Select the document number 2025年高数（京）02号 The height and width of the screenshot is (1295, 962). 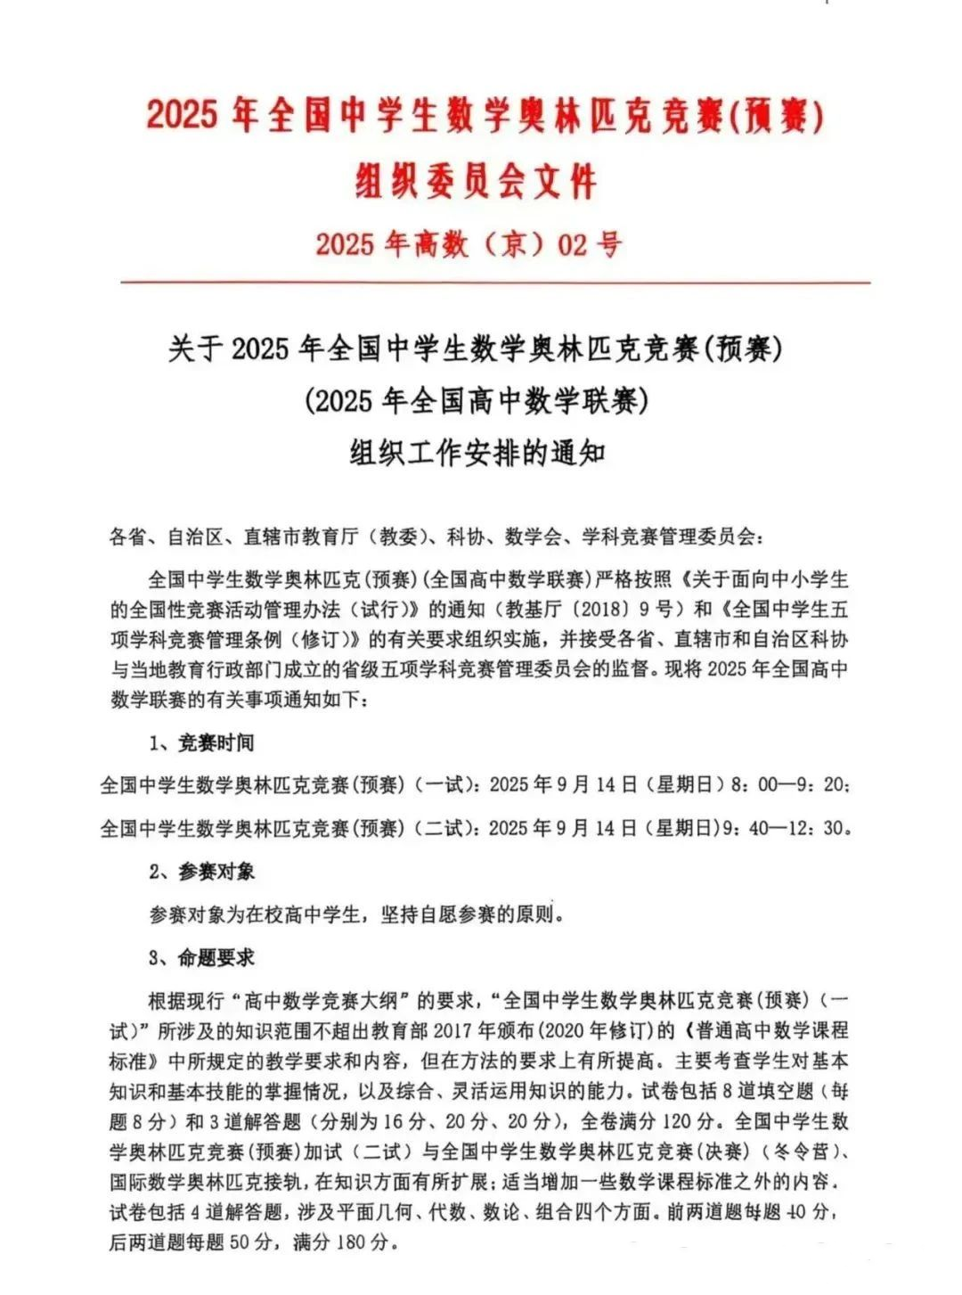tap(469, 243)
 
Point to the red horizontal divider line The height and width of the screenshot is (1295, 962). tap(495, 283)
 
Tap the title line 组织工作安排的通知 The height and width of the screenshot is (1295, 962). tap(477, 453)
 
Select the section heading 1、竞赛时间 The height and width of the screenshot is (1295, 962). tap(202, 742)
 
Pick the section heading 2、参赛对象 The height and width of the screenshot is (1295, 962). tap(202, 871)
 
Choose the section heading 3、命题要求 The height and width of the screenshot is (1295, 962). tap(202, 957)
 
